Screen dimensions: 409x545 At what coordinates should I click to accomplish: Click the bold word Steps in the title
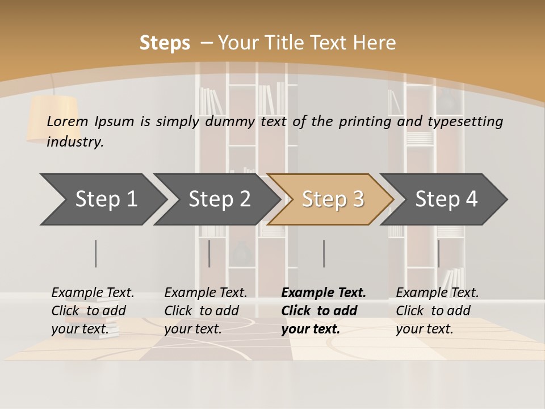point(165,43)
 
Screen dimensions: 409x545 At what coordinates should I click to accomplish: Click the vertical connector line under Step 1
point(95,253)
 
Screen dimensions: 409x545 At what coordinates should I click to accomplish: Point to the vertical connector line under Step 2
point(209,253)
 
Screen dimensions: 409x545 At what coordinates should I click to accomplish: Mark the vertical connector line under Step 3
point(324,253)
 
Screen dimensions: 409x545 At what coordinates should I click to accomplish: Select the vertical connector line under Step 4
point(438,253)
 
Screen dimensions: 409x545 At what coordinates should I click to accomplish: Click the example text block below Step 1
point(93,311)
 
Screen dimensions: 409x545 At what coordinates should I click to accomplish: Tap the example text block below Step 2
point(206,311)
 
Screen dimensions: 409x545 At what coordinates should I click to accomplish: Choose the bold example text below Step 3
point(324,311)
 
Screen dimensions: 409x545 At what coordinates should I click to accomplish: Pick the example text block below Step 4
point(437,311)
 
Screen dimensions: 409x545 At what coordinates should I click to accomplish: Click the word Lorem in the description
point(67,122)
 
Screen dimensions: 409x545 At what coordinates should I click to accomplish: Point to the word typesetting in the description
point(465,122)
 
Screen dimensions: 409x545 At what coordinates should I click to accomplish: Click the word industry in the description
point(75,142)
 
